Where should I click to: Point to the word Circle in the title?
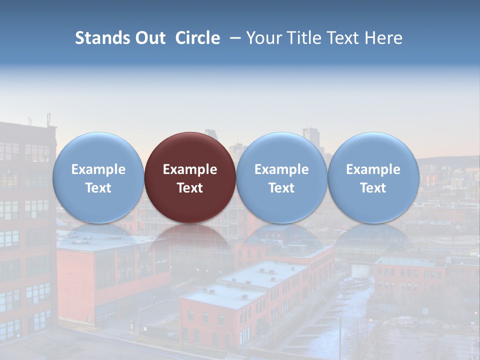197,38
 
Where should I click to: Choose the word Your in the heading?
264,38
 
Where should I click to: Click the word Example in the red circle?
190,169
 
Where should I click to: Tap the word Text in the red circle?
190,188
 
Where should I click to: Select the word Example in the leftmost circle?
98,169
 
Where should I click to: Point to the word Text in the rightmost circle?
373,188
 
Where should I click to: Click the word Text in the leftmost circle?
98,188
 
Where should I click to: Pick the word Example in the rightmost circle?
373,169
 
